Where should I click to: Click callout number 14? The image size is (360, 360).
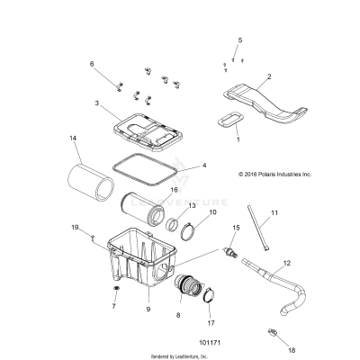click(x=73, y=138)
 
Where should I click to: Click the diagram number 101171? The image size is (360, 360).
click(x=188, y=342)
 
